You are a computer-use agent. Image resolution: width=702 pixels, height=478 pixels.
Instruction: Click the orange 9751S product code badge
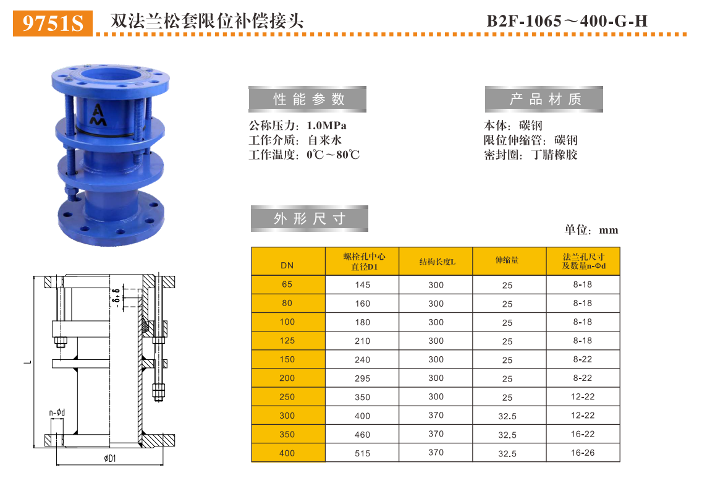[x=53, y=23]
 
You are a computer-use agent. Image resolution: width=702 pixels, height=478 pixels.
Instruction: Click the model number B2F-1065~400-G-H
[x=567, y=22]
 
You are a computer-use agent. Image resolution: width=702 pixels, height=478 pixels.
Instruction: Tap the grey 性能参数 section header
[x=308, y=100]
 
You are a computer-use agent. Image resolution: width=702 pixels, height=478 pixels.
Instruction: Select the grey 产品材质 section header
[x=544, y=100]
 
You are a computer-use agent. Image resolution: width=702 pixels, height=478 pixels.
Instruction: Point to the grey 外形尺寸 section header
[x=309, y=219]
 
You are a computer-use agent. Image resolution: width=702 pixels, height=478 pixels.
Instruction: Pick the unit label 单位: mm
[x=591, y=230]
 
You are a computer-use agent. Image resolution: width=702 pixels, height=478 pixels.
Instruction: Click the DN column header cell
[x=287, y=266]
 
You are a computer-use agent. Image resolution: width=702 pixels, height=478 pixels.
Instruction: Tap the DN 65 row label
[x=287, y=284]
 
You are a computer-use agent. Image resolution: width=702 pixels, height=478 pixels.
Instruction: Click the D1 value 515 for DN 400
[x=362, y=453]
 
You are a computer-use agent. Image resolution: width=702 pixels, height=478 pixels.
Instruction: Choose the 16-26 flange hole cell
[x=582, y=453]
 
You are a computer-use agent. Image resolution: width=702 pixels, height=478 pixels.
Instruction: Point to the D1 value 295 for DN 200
[x=362, y=378]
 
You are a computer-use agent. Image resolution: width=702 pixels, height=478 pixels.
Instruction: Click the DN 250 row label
[x=287, y=397]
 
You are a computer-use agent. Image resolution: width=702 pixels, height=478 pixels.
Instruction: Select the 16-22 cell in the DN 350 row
[x=582, y=434]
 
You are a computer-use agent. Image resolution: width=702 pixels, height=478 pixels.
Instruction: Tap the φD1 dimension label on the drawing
[x=110, y=458]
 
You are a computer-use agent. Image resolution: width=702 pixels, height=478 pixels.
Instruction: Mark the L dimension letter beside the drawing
[x=25, y=361]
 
